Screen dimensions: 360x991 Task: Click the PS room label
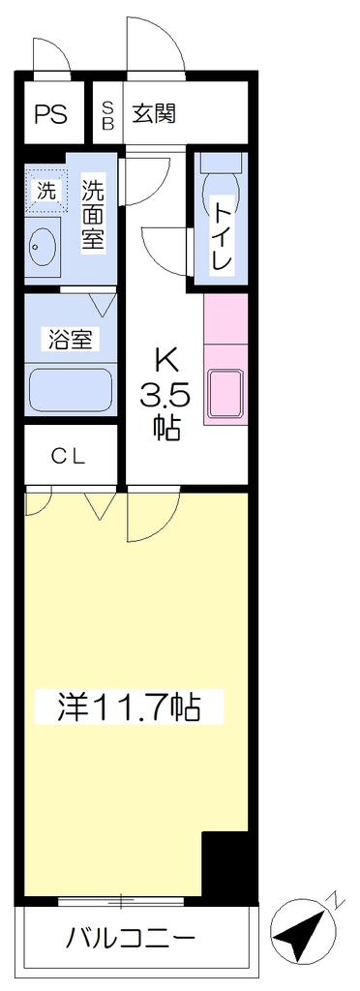pyautogui.click(x=50, y=115)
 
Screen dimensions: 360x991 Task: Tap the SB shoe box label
pyautogui.click(x=108, y=114)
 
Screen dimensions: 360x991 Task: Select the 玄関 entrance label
pyautogui.click(x=154, y=114)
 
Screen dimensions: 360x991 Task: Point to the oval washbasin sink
pyautogui.click(x=43, y=247)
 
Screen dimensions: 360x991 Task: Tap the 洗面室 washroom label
pyautogui.click(x=93, y=214)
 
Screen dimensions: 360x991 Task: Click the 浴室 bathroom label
pyautogui.click(x=70, y=340)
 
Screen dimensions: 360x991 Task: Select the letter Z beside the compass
pyautogui.click(x=337, y=900)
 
